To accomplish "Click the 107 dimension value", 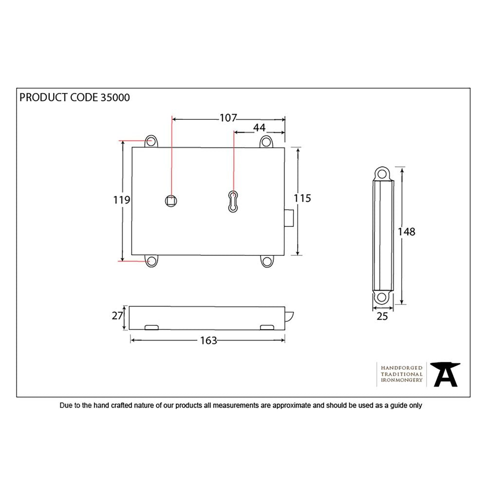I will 228,118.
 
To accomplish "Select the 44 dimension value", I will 259,128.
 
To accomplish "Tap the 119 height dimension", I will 121,200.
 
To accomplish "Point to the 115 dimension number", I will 302,198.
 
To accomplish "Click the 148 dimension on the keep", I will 407,232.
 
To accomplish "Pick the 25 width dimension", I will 382,317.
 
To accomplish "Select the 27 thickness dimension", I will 117,316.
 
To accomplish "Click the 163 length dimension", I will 208,340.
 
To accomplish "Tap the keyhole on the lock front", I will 233,201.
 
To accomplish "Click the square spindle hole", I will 170,200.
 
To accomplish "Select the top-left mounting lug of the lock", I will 151,141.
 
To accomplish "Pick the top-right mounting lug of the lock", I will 266,141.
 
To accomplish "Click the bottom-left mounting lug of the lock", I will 151,262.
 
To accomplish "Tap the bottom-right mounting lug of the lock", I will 266,262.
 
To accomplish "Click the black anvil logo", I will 446,375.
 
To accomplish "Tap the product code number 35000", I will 115,97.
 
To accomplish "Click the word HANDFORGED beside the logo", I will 401,368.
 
